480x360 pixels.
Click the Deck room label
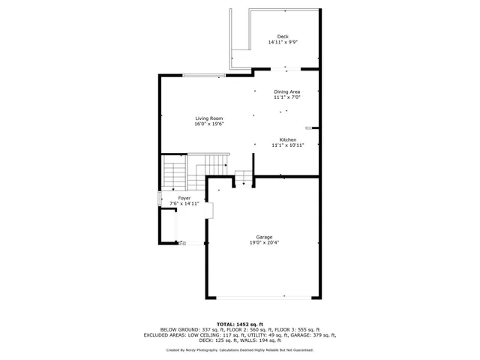pos(283,36)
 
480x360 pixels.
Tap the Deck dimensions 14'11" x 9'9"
pos(283,42)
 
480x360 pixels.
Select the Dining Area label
pos(286,91)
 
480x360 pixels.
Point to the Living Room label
pos(209,118)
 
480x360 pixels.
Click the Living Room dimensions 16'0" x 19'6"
pos(209,124)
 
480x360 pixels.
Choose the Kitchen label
pos(288,139)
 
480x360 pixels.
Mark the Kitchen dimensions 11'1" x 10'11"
pos(288,145)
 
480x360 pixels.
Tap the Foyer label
pos(184,198)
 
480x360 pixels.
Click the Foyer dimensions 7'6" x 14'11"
pos(184,203)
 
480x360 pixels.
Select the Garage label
pos(264,237)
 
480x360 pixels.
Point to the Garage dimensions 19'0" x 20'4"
pos(264,243)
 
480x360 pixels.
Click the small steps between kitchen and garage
pos(244,178)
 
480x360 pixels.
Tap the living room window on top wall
pos(204,75)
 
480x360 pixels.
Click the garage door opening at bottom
pos(262,297)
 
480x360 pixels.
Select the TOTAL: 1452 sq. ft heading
pos(240,322)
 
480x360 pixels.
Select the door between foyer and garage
pos(210,211)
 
